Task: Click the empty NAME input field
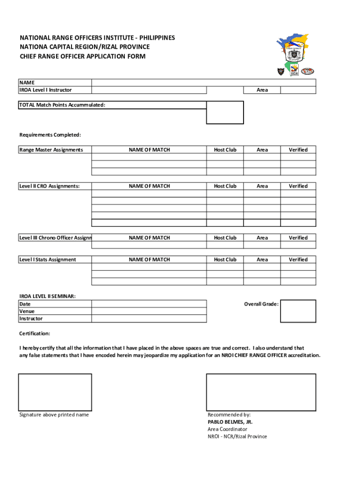click(x=203, y=82)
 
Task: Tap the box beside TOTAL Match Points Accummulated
click(x=225, y=112)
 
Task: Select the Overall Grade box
click(x=298, y=311)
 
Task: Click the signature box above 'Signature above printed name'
click(x=55, y=392)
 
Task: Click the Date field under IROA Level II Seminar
click(x=149, y=304)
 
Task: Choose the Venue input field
click(x=149, y=311)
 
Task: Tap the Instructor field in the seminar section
click(x=149, y=319)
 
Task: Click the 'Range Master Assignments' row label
click(x=51, y=150)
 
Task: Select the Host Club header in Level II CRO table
click(x=225, y=186)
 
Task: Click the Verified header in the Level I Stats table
click(x=298, y=260)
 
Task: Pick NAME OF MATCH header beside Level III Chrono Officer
click(x=149, y=238)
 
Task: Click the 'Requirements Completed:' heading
click(x=50, y=135)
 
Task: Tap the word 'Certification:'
click(x=35, y=334)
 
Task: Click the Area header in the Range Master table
click(x=262, y=150)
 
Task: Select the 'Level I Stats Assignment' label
click(x=48, y=260)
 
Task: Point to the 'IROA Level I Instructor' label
click(x=45, y=90)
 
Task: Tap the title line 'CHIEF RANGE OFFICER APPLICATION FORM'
click(x=82, y=57)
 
